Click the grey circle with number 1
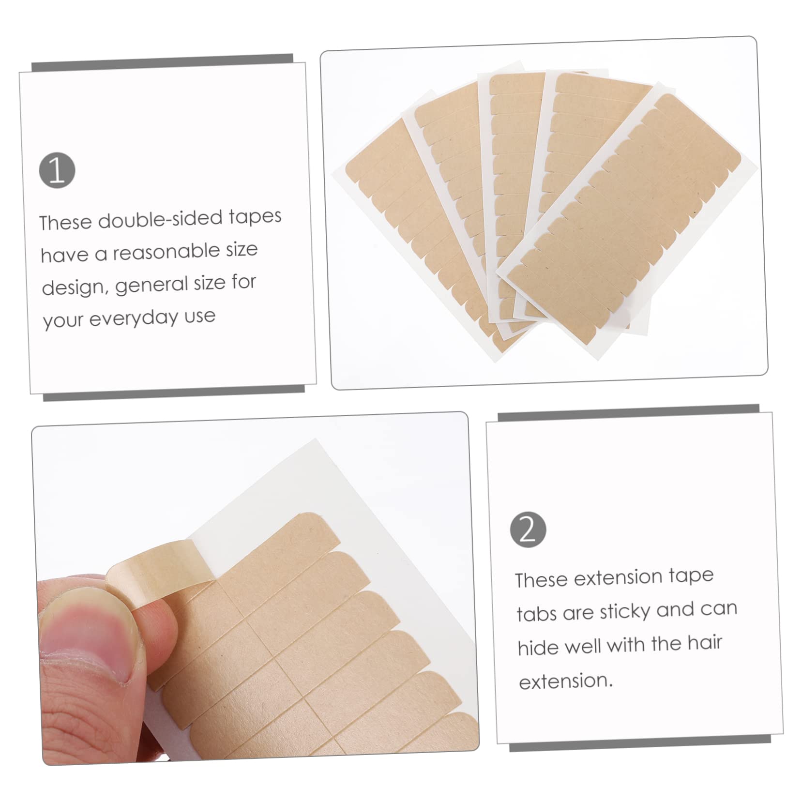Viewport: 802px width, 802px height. [x=57, y=171]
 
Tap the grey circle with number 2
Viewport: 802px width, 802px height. [x=528, y=530]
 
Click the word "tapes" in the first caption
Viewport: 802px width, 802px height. [x=255, y=216]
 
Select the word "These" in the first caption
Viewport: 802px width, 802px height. [x=65, y=223]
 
